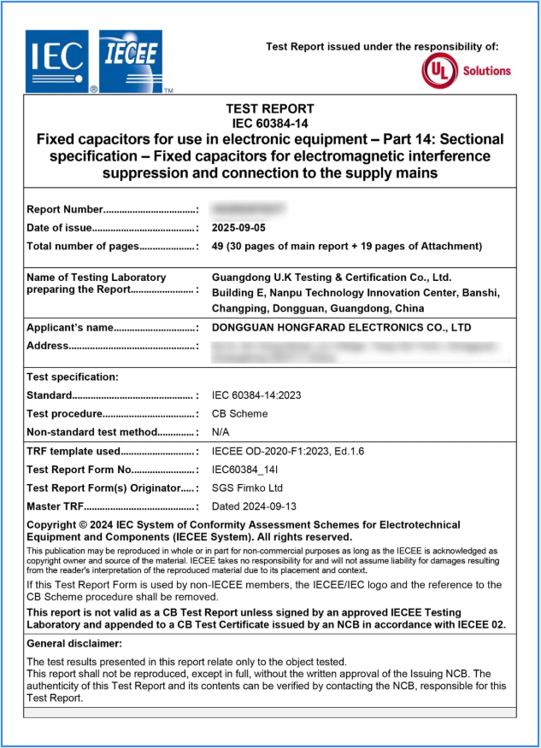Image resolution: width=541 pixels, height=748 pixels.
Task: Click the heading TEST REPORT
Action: tap(269, 108)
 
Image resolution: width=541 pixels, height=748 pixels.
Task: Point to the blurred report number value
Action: tap(249, 209)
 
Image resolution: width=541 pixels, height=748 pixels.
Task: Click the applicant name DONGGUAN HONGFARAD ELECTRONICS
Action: tap(341, 328)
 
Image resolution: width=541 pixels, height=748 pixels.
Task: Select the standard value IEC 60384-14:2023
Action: tap(256, 395)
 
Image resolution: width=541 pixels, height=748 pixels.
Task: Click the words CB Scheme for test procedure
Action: tap(239, 414)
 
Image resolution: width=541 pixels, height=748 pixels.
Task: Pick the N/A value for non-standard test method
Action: tap(221, 432)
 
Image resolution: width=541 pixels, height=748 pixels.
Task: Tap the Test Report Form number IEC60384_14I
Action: tap(250, 470)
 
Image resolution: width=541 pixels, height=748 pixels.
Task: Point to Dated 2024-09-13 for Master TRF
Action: tap(254, 507)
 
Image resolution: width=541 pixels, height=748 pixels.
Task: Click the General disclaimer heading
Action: tap(74, 644)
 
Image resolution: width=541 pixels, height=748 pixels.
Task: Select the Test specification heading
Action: tap(73, 377)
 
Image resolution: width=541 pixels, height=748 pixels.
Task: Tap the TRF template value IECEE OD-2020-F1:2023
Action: tap(288, 452)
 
